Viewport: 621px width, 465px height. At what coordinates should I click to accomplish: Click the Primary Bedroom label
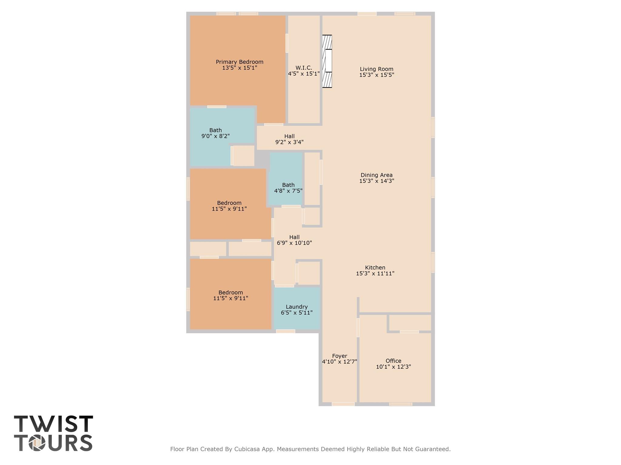[x=240, y=62]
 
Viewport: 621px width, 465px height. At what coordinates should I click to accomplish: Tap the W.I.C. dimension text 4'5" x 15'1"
[x=304, y=74]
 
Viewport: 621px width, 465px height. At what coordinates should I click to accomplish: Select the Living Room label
[x=377, y=69]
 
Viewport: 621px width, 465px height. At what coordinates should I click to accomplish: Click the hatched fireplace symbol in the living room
[x=327, y=61]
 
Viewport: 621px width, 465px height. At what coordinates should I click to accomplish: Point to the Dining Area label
[x=377, y=175]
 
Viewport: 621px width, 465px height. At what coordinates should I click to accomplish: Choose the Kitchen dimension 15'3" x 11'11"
[x=375, y=273]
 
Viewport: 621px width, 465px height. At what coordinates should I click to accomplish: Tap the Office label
[x=393, y=361]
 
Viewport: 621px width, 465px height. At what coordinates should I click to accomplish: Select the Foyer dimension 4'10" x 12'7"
[x=339, y=361]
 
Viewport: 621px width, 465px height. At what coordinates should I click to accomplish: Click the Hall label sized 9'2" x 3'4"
[x=289, y=137]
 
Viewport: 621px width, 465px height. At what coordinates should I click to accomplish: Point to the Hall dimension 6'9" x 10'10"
[x=294, y=243]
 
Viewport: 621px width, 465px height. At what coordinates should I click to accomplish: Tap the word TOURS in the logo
[x=53, y=443]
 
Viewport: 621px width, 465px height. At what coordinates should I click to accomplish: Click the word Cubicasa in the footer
[x=244, y=449]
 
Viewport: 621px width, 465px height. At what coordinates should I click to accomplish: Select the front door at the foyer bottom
[x=343, y=404]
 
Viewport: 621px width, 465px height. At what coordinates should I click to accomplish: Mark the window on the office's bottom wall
[x=401, y=404]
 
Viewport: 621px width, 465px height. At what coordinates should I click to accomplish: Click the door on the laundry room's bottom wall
[x=285, y=331]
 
